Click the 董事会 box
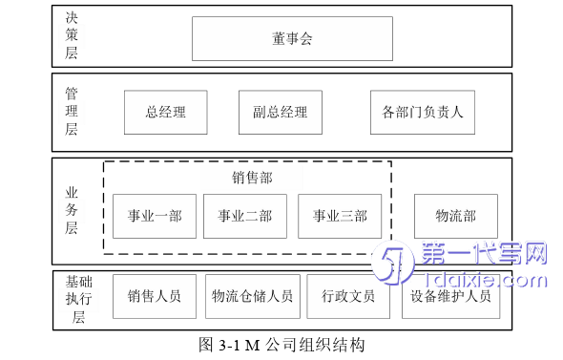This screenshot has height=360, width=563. click(x=292, y=38)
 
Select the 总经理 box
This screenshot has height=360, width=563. click(x=165, y=112)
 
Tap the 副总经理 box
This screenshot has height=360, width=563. click(x=280, y=112)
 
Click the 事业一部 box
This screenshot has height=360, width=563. click(x=155, y=216)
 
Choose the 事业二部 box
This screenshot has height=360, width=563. click(x=244, y=216)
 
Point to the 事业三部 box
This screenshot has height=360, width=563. click(x=340, y=216)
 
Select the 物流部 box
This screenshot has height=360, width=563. click(x=455, y=216)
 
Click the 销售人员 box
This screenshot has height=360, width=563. click(x=154, y=296)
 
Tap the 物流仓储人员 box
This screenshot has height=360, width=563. click(x=252, y=296)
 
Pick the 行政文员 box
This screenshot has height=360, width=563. click(x=348, y=296)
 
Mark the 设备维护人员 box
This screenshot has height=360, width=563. click(x=450, y=296)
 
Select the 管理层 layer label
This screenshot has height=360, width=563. click(x=72, y=112)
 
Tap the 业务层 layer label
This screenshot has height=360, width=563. click(x=72, y=211)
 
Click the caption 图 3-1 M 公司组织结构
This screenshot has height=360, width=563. click(x=281, y=345)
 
